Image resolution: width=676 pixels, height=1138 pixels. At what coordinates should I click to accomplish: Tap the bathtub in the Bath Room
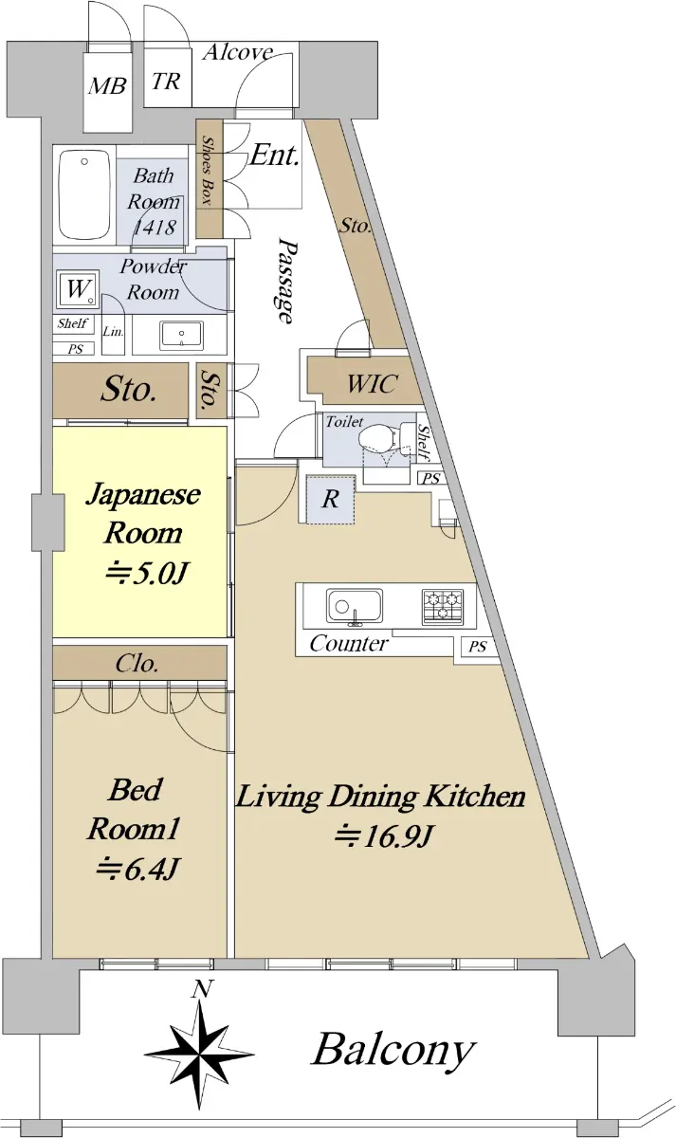pyautogui.click(x=84, y=195)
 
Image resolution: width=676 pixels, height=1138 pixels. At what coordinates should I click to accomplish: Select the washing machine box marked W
pyautogui.click(x=78, y=289)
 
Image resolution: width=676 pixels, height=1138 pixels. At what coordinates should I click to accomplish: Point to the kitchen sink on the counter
pyautogui.click(x=354, y=606)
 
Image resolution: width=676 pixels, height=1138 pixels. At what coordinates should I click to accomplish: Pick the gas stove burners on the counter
pyautogui.click(x=443, y=607)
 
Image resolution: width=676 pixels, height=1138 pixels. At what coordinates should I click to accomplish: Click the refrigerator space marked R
pyautogui.click(x=331, y=500)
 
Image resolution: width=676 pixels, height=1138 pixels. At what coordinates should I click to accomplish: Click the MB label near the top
pyautogui.click(x=106, y=85)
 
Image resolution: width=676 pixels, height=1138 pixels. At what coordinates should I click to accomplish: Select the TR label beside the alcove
pyautogui.click(x=166, y=81)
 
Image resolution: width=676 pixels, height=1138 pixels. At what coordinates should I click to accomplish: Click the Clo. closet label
pyautogui.click(x=137, y=664)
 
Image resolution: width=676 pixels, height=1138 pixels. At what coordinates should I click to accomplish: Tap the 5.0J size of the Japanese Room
pyautogui.click(x=147, y=575)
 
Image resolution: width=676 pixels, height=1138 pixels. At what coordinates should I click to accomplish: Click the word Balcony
pyautogui.click(x=393, y=1051)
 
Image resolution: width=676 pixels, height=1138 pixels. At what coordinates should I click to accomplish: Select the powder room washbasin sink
pyautogui.click(x=181, y=336)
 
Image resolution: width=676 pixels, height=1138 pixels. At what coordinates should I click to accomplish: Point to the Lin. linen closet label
pyautogui.click(x=113, y=332)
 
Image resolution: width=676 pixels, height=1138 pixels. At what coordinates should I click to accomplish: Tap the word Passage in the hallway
pyautogui.click(x=285, y=281)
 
